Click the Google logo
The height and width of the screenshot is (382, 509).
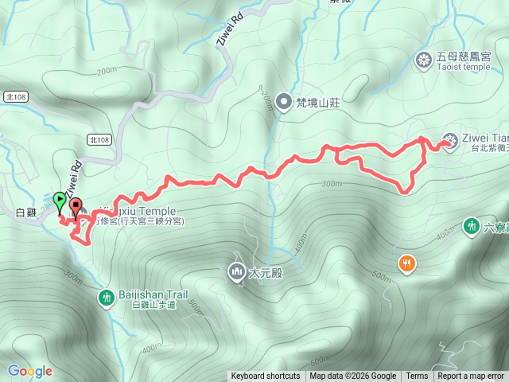click(x=30, y=371)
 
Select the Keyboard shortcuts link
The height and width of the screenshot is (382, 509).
click(x=266, y=376)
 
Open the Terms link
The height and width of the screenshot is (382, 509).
click(x=417, y=376)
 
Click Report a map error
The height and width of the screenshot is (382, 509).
click(x=471, y=376)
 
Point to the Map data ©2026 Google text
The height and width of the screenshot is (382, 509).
click(x=352, y=376)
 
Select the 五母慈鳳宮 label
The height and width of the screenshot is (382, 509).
click(x=463, y=57)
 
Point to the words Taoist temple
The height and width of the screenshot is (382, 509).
click(x=464, y=68)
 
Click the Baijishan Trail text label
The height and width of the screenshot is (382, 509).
click(x=153, y=294)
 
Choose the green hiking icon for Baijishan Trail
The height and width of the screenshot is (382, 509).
click(x=106, y=298)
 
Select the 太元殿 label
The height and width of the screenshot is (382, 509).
click(x=266, y=273)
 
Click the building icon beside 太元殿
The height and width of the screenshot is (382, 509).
click(x=236, y=272)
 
